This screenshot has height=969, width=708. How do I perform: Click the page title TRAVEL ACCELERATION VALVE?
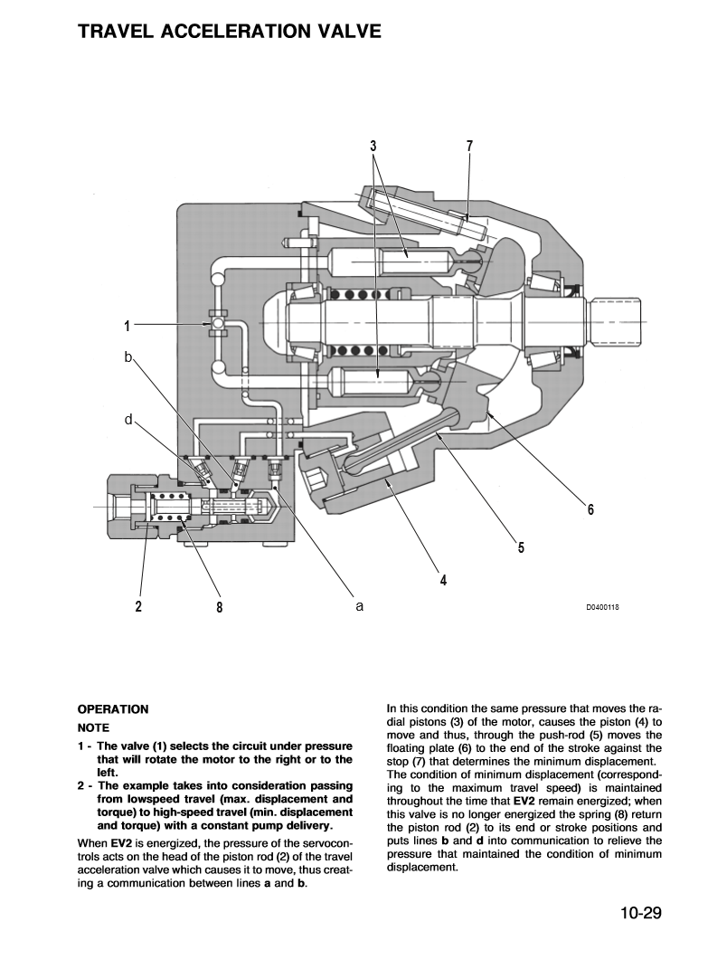click(230, 33)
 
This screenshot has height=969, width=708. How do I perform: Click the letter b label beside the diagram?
click(129, 358)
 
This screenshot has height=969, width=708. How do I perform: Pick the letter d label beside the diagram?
click(129, 420)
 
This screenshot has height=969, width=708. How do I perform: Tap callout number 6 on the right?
click(590, 508)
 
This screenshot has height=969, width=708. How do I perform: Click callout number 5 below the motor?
click(521, 546)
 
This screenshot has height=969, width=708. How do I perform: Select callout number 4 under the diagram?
click(443, 581)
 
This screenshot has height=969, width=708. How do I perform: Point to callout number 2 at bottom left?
click(138, 606)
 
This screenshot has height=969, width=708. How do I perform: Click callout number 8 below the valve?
click(219, 607)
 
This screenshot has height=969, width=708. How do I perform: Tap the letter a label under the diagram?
click(359, 606)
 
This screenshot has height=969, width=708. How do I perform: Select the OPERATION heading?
click(112, 709)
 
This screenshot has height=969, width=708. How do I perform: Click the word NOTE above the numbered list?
click(93, 727)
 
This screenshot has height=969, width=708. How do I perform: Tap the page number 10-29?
click(641, 912)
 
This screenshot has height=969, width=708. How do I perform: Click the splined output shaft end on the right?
click(618, 323)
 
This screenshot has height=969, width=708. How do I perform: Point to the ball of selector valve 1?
click(218, 323)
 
